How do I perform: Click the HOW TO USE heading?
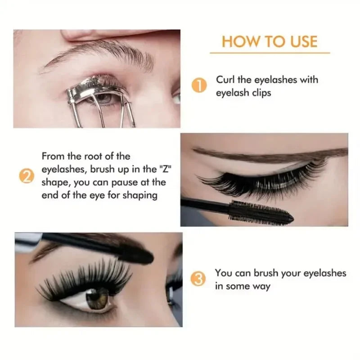click(270, 41)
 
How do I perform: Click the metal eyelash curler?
click(96, 103)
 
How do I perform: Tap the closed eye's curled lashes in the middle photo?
click(265, 178)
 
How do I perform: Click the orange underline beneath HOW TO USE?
click(270, 53)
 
